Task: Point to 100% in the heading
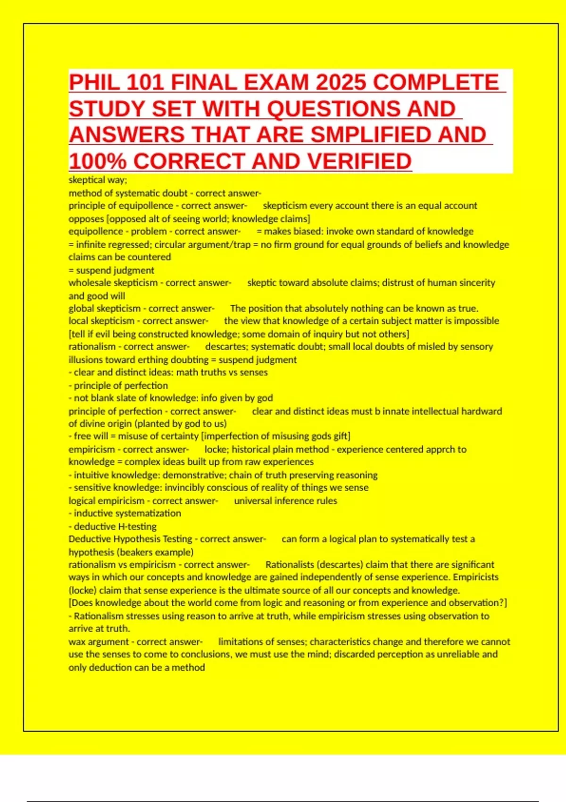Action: click(98, 161)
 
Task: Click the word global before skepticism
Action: click(81, 309)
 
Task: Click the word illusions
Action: click(85, 360)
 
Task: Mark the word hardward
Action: click(482, 411)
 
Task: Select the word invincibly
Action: click(185, 488)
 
